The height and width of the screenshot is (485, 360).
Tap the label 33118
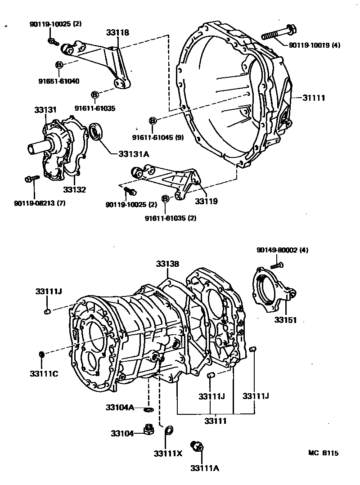[118, 32]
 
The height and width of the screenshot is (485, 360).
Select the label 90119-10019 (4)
[314, 45]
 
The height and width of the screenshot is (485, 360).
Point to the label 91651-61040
[58, 81]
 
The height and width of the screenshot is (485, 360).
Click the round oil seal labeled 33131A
[96, 131]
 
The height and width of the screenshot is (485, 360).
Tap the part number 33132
[74, 190]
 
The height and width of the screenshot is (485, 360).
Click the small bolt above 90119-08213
[29, 179]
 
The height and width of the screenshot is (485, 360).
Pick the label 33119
[206, 201]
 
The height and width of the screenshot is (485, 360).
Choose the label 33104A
[120, 408]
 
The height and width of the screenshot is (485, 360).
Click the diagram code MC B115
[323, 453]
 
